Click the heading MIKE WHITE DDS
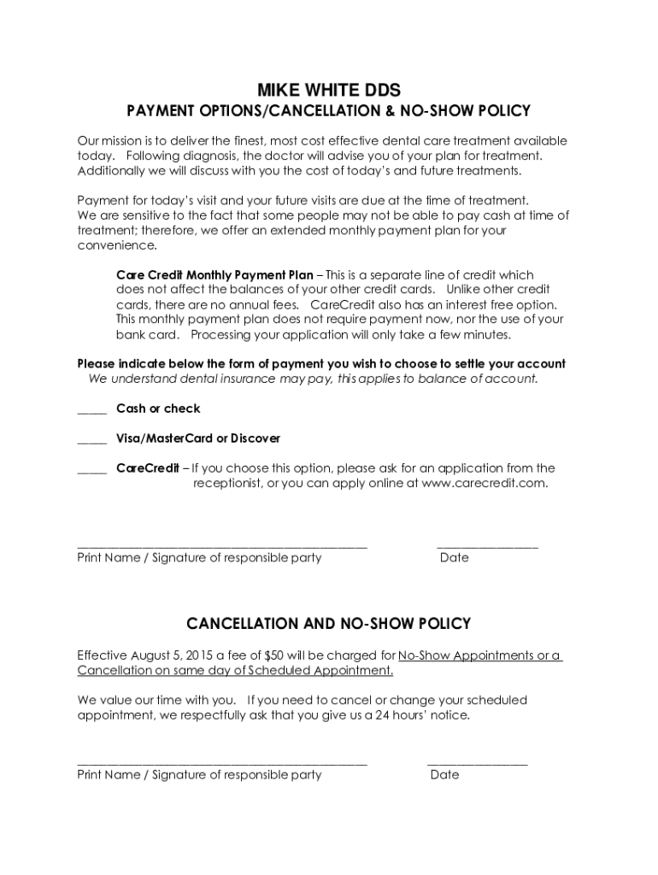(329, 90)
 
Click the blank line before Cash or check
(91, 412)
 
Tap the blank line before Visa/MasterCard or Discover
(91, 442)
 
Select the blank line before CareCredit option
(91, 472)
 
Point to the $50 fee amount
(275, 655)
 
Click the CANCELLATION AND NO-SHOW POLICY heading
(329, 624)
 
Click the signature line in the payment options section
(222, 545)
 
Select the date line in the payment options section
(487, 545)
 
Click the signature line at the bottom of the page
(222, 762)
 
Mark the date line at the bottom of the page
(477, 762)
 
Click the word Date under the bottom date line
(444, 775)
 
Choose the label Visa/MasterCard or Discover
(198, 438)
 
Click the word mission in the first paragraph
(123, 141)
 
